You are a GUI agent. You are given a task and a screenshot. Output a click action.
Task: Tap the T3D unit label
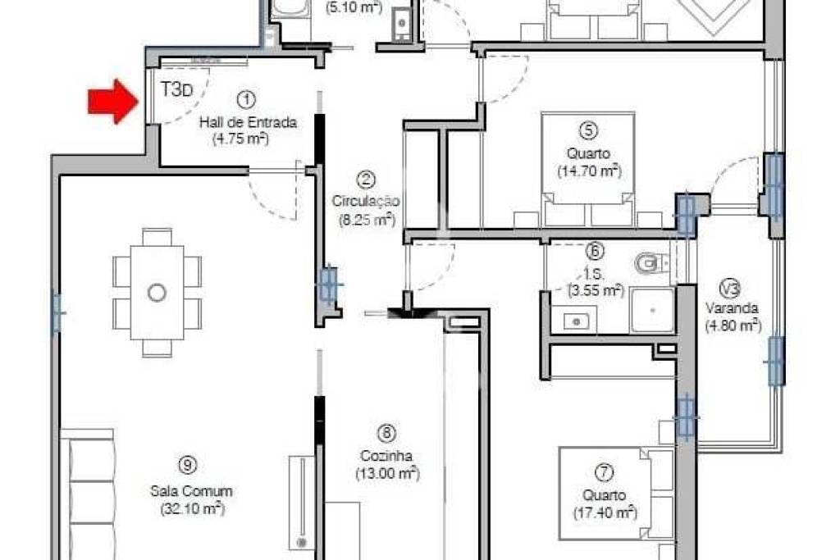tap(176, 89)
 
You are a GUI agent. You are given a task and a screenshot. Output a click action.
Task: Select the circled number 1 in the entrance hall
tap(246, 99)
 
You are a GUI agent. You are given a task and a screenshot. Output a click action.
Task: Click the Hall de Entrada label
tap(248, 122)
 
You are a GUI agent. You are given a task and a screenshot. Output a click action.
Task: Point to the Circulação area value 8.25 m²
tap(367, 219)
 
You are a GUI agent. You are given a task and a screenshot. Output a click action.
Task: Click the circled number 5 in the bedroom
tap(588, 130)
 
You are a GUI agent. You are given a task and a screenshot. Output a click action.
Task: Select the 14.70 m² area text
tap(589, 171)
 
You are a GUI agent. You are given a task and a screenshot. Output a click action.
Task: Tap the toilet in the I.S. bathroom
tap(651, 263)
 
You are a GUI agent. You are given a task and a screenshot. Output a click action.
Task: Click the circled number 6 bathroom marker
tap(595, 251)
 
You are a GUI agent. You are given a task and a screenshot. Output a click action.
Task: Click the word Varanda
tap(731, 308)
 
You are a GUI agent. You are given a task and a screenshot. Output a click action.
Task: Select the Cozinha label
tap(386, 456)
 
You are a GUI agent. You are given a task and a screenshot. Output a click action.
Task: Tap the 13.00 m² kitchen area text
tap(387, 473)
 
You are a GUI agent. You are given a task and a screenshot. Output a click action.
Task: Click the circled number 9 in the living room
tap(187, 465)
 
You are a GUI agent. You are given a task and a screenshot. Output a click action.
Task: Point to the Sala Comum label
tap(191, 490)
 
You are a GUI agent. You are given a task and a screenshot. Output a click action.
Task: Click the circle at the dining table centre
tap(157, 293)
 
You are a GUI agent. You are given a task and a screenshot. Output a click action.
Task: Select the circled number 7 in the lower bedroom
tap(604, 472)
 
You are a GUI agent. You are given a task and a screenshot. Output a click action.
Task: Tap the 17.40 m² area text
tap(605, 513)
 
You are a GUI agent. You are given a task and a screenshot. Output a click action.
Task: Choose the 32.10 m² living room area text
tap(192, 508)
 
